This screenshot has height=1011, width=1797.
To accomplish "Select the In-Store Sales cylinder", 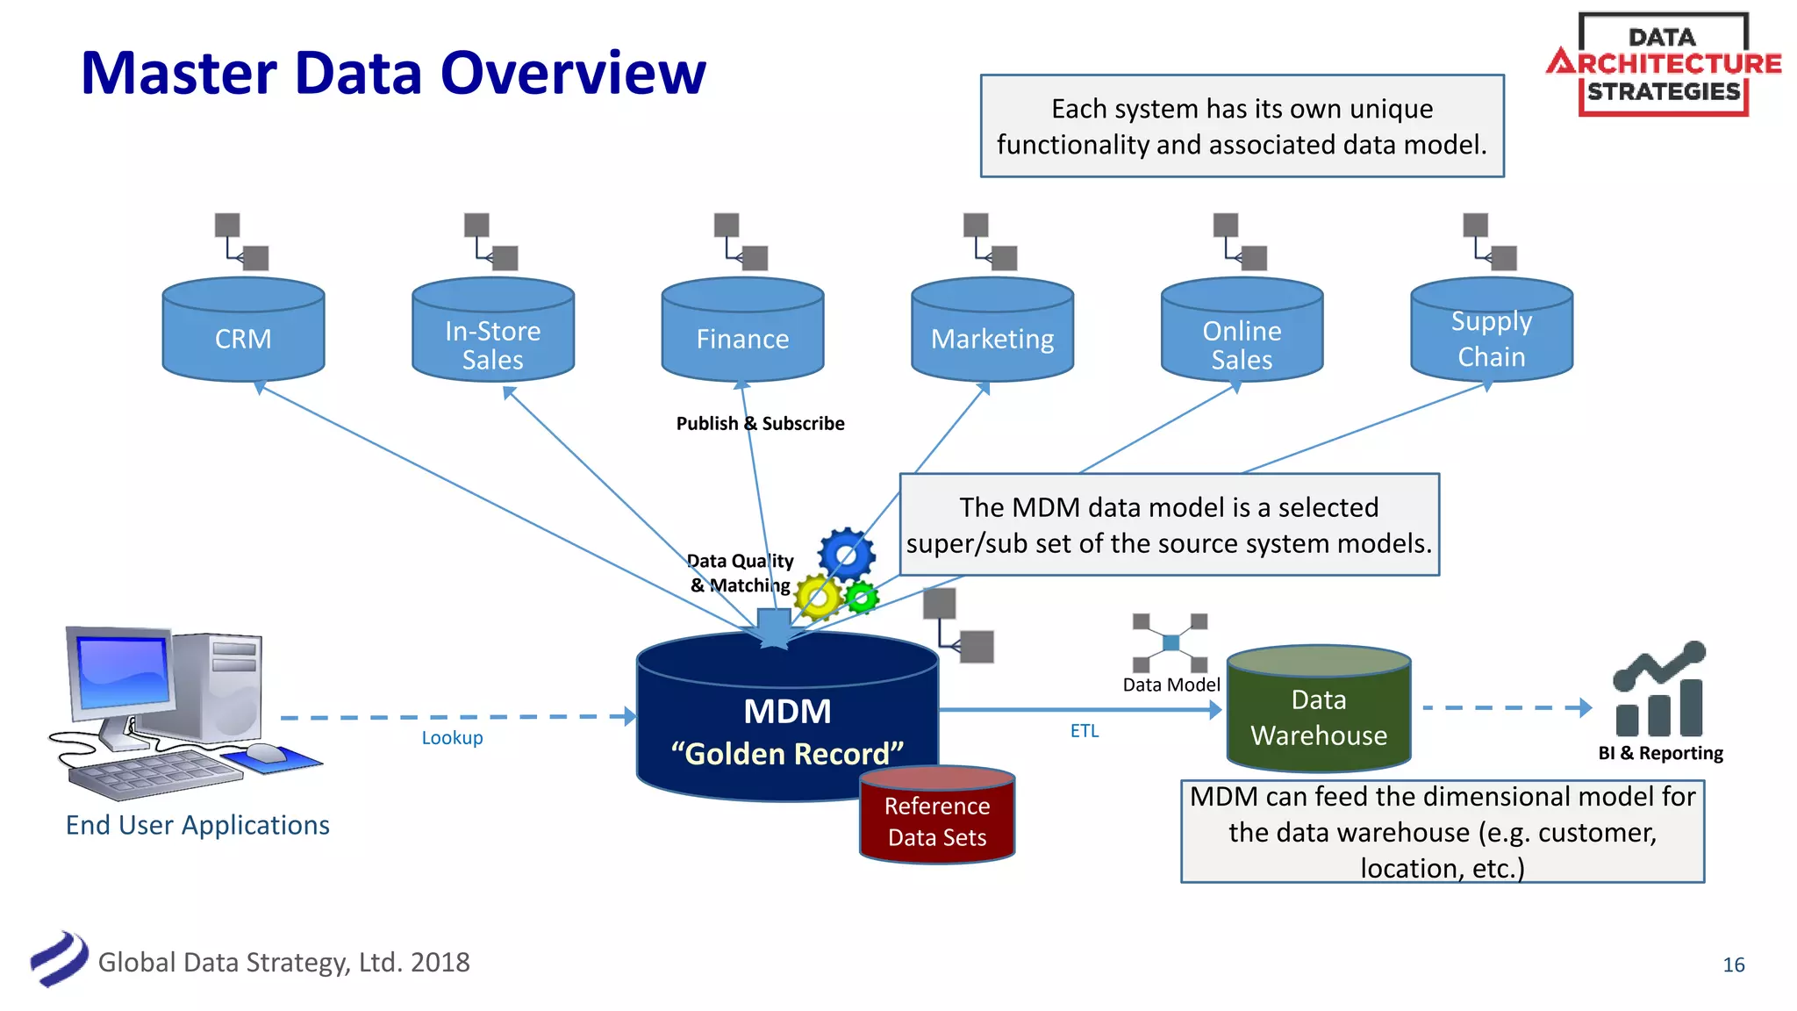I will point(493,338).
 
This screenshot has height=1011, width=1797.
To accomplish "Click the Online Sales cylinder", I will point(1242,338).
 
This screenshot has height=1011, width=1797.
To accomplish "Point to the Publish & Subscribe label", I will point(760,424).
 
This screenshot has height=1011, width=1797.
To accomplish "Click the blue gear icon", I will point(847,554).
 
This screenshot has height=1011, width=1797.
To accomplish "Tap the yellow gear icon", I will point(818,598).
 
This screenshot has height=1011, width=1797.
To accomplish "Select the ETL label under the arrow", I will point(1085,731).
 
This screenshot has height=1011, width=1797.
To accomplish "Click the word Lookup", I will point(452,738).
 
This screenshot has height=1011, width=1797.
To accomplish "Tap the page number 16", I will point(1733,965).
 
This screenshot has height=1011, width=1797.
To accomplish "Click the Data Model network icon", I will point(1170,642).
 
